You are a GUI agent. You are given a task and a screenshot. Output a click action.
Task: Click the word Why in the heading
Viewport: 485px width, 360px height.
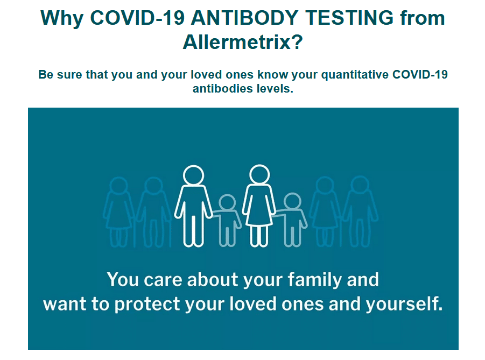(62, 18)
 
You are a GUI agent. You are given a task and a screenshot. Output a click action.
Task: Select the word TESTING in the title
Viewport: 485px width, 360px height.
(349, 18)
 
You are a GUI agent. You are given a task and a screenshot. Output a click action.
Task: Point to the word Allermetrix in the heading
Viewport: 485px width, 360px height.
(237, 42)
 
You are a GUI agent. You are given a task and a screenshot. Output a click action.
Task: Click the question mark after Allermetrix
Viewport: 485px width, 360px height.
(297, 42)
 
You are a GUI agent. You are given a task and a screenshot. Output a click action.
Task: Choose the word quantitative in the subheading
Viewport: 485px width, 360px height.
(355, 75)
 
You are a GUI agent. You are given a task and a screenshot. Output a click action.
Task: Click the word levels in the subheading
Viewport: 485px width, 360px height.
(275, 89)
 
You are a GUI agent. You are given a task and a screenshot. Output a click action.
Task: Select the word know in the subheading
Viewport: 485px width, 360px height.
(273, 75)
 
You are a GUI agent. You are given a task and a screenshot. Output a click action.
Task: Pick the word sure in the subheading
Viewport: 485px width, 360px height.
(71, 75)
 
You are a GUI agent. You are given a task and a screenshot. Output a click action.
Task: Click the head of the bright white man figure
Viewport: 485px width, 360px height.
(193, 175)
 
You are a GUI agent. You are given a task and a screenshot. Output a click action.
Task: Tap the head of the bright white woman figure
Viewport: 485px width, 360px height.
(259, 175)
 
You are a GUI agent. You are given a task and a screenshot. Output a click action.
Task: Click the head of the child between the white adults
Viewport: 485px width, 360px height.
(227, 202)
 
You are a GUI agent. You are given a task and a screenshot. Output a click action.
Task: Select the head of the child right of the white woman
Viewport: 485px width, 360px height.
(292, 201)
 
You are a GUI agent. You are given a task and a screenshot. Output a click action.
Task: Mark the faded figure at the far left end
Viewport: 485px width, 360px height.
(118, 212)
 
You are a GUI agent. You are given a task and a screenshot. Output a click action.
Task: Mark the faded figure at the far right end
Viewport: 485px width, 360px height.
(360, 211)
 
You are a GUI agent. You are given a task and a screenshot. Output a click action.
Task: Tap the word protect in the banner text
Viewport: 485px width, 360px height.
(147, 305)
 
